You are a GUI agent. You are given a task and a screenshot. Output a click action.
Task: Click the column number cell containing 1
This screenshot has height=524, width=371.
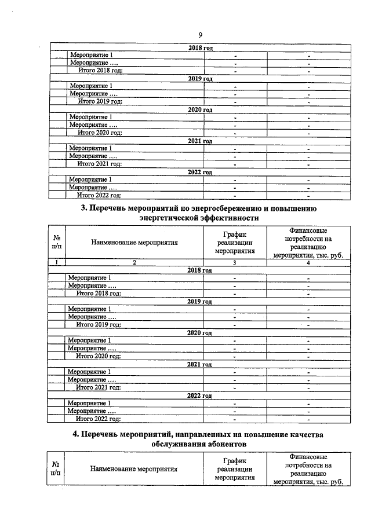pyautogui.click(x=56, y=263)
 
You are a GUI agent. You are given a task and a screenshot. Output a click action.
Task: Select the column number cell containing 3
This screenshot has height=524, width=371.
pyautogui.click(x=235, y=263)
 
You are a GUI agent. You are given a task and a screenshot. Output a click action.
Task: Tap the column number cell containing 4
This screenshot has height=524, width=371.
pyautogui.click(x=308, y=263)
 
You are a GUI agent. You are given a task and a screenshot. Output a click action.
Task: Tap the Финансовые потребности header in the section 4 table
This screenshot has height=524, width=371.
pyautogui.click(x=308, y=469)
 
